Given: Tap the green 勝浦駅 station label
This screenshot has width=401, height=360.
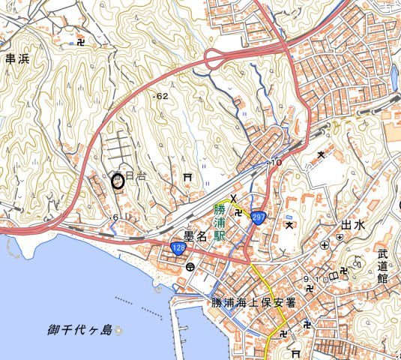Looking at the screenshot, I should (220, 221).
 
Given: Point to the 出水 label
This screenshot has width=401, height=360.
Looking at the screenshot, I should (352, 225).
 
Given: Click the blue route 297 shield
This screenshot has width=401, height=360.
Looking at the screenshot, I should (257, 217).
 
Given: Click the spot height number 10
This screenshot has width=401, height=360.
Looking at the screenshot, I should (276, 162).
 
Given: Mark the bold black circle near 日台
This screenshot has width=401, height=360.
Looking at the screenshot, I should (117, 179).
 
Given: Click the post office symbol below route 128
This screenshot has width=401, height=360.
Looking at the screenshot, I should (190, 266).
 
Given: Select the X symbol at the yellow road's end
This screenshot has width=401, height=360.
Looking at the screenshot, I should (233, 199).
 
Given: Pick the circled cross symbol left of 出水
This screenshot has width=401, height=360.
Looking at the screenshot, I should (324, 244).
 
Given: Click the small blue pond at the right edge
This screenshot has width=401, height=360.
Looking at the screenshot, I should (394, 75).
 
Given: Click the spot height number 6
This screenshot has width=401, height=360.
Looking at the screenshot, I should (115, 217).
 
